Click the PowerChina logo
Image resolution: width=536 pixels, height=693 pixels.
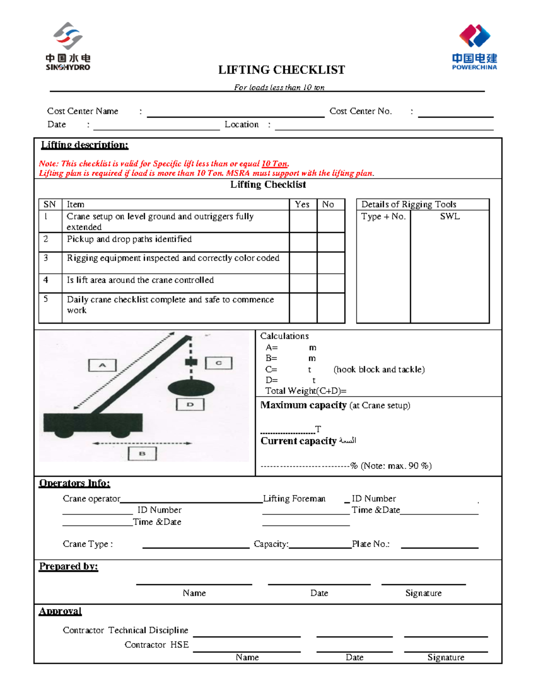(x=474, y=47)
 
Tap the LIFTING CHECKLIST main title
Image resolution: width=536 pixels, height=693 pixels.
(x=281, y=70)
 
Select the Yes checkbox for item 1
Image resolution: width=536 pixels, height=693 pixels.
(x=303, y=221)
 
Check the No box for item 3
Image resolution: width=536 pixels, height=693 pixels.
(x=331, y=263)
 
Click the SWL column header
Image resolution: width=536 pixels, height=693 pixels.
(x=450, y=216)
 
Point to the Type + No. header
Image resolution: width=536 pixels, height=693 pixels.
(x=383, y=216)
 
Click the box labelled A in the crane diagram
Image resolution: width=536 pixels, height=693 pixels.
(x=102, y=365)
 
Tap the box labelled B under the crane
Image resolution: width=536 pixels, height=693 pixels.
(x=142, y=453)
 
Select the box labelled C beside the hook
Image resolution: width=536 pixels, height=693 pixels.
(x=219, y=363)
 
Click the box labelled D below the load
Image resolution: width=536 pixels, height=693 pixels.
(x=190, y=404)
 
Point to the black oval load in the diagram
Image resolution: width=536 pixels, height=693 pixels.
(x=191, y=388)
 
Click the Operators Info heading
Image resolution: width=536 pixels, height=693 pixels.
(x=75, y=483)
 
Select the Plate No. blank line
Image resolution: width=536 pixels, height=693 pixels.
(x=440, y=547)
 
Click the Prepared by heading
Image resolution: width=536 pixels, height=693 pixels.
(x=68, y=566)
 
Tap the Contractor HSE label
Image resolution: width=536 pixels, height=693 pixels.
(x=157, y=645)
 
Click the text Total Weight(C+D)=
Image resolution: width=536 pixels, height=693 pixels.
(x=306, y=391)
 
